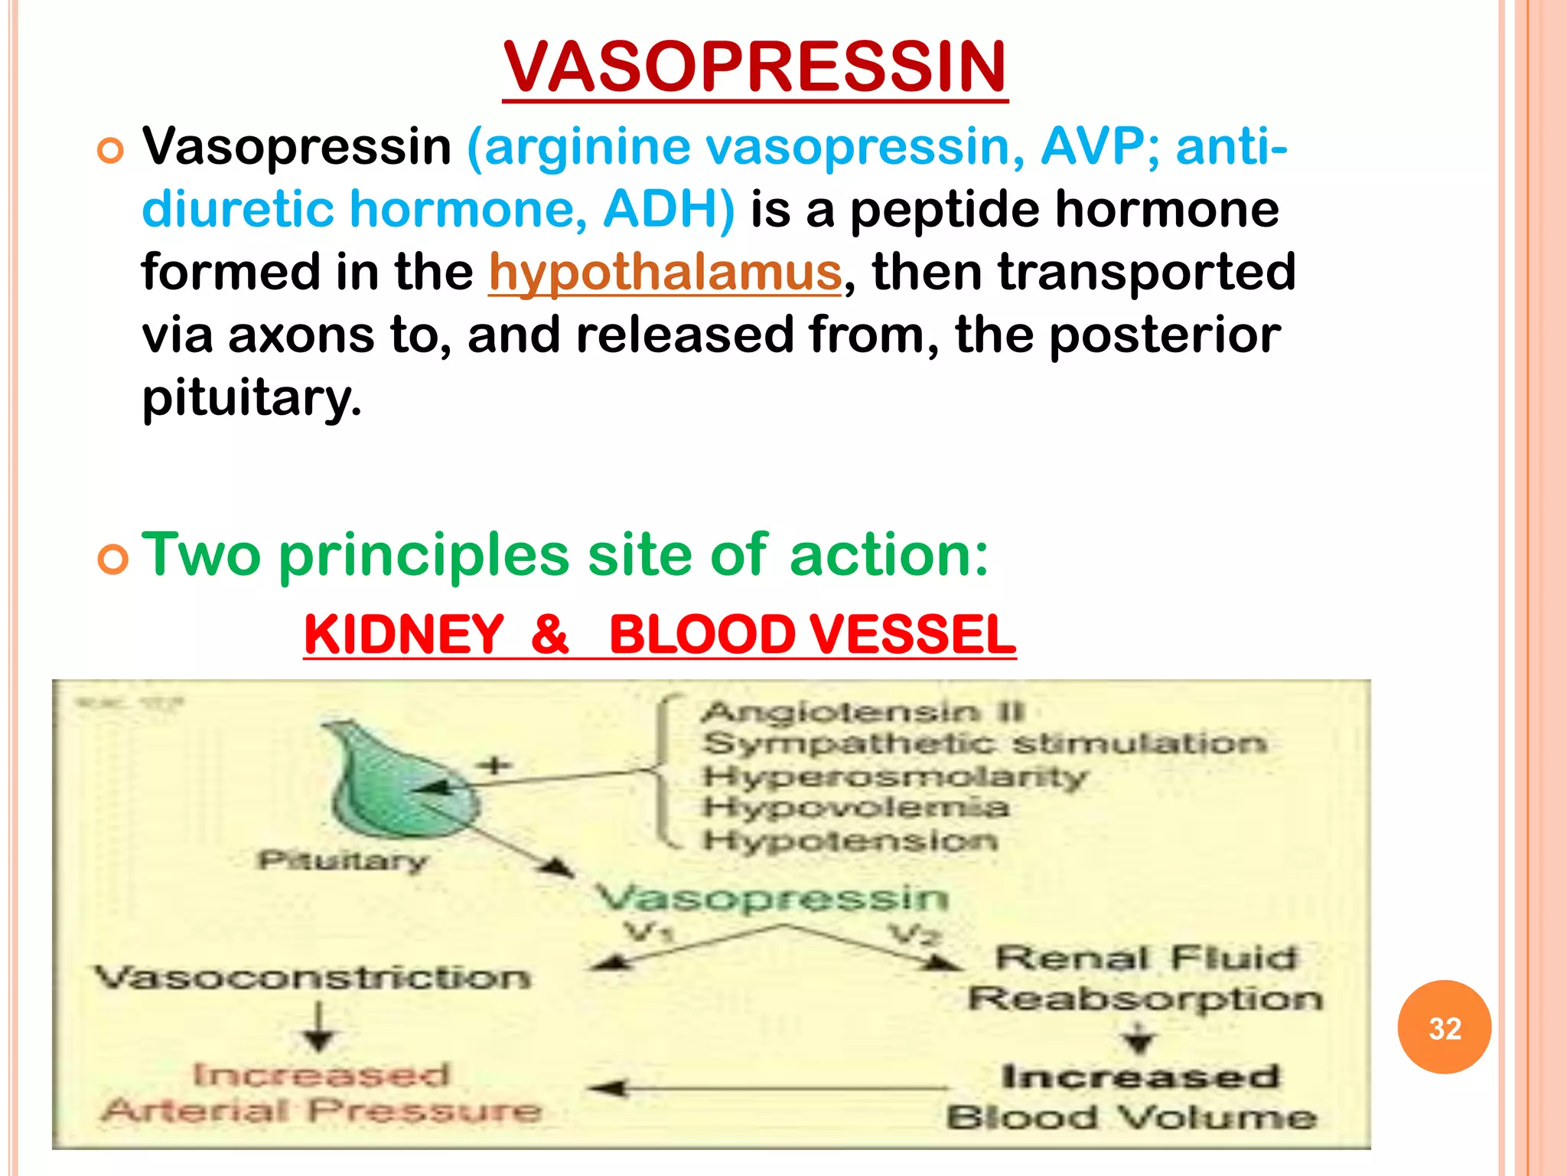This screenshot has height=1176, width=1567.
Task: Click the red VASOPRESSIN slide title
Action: pos(754,67)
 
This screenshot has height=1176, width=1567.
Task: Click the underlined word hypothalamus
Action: pos(665,272)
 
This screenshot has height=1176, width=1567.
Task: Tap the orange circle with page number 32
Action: pos(1444,1027)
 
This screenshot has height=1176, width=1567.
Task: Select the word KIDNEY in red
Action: pos(404,635)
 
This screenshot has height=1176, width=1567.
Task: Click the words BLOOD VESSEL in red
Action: pos(812,635)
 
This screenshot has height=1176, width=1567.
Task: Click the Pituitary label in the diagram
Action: pos(342,861)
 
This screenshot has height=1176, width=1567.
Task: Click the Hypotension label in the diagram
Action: pos(850,841)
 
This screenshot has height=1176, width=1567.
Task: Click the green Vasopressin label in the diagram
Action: pos(771,897)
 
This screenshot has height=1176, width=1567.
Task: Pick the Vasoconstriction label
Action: pos(312,978)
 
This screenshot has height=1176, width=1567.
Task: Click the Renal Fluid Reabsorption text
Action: pos(1145,978)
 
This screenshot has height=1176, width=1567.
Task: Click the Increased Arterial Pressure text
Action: pos(321,1093)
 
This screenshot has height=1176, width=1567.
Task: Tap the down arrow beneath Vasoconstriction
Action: pos(318,1027)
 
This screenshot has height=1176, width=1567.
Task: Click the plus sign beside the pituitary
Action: pos(495,765)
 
